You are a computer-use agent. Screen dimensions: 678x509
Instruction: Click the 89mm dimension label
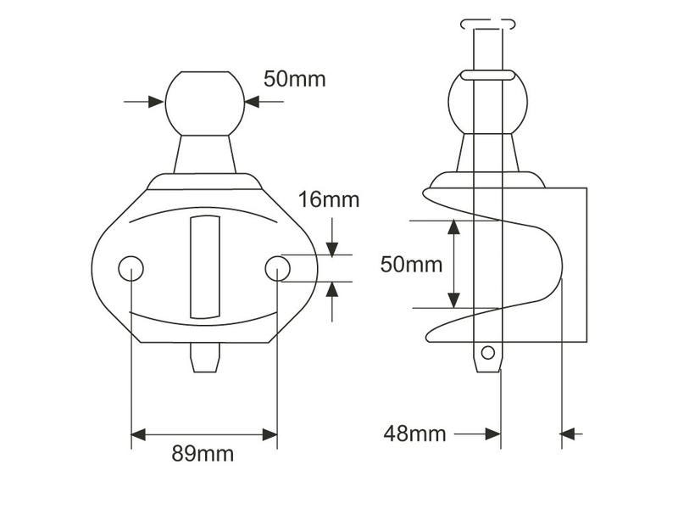pyautogui.click(x=203, y=454)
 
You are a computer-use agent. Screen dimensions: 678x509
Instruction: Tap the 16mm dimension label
pyautogui.click(x=329, y=199)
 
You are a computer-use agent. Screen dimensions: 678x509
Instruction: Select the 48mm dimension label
pyautogui.click(x=414, y=433)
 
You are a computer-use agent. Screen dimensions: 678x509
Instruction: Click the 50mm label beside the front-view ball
pyautogui.click(x=294, y=79)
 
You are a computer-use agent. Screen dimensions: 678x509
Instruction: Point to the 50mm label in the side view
pyautogui.click(x=411, y=264)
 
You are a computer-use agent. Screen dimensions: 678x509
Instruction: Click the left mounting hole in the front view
pyautogui.click(x=131, y=268)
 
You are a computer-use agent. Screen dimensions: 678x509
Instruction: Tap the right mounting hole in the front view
pyautogui.click(x=278, y=268)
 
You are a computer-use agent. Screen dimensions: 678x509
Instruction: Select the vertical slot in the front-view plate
pyautogui.click(x=205, y=267)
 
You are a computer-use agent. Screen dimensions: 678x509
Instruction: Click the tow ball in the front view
pyautogui.click(x=205, y=103)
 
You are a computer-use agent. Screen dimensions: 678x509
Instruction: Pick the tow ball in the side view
pyautogui.click(x=488, y=102)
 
